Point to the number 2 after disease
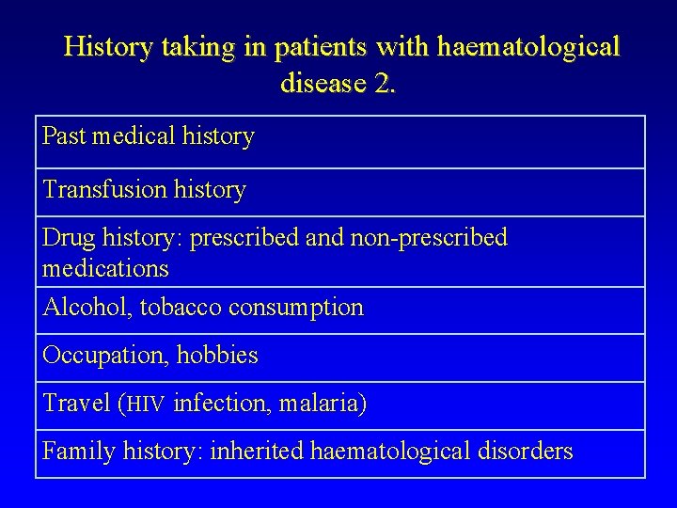coord(385,84)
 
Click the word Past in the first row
coord(63,136)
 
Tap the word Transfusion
coord(104,190)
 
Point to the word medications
coord(105,269)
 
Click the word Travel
coord(79,405)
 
